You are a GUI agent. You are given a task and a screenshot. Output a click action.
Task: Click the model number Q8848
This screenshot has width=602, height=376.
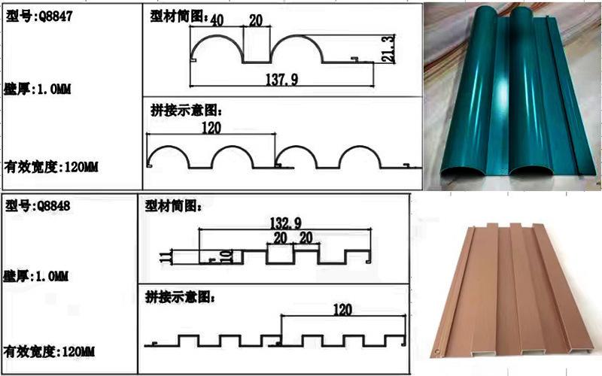point(53,206)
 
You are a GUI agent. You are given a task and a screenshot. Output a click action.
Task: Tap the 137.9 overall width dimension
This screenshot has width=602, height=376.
point(281,80)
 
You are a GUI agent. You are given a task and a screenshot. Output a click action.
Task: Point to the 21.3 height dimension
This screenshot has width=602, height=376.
point(389,49)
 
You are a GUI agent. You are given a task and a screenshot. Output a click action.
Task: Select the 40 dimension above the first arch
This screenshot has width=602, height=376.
point(217,20)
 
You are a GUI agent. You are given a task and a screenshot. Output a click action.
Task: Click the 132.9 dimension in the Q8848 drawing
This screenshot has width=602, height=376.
point(286,223)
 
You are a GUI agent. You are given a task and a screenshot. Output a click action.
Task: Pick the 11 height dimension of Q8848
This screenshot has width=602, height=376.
point(165,256)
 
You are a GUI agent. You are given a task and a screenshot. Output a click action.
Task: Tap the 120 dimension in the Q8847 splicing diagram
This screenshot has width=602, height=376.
point(211,128)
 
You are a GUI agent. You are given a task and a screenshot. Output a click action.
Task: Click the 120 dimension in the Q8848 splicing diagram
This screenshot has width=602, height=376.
point(342,310)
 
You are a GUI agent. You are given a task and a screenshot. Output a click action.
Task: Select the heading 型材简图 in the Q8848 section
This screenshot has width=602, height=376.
point(173,206)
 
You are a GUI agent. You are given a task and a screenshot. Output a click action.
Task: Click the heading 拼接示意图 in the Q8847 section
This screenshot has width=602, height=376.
point(186,111)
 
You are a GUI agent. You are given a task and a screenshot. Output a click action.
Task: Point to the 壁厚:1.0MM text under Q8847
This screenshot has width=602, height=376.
point(37,89)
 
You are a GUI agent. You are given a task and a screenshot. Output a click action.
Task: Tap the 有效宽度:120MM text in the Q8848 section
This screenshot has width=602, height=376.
point(49,351)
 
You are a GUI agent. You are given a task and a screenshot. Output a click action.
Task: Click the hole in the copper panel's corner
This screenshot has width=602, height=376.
point(437,351)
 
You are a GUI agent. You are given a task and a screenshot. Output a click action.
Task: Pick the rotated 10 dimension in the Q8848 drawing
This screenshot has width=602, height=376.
point(227,256)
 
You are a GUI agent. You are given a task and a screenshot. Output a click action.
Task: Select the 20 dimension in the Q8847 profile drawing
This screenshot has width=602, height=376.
point(256,20)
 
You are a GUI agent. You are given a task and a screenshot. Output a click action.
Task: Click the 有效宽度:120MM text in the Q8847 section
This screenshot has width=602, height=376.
point(51,167)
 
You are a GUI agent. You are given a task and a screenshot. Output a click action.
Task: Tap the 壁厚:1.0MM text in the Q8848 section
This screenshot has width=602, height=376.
point(35,276)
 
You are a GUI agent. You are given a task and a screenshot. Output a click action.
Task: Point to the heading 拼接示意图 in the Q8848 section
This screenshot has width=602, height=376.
point(180,297)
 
